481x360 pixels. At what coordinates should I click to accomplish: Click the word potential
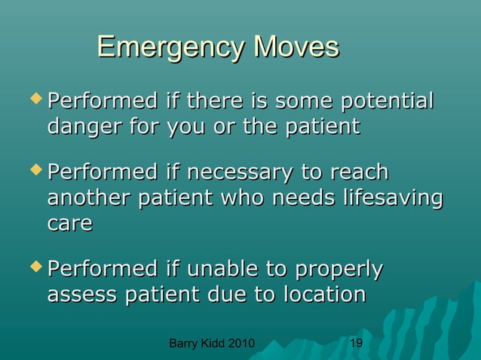click(388, 100)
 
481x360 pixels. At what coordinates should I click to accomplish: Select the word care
click(70, 224)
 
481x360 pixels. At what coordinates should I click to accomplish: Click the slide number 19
click(357, 344)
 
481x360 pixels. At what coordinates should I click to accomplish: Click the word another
click(94, 199)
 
